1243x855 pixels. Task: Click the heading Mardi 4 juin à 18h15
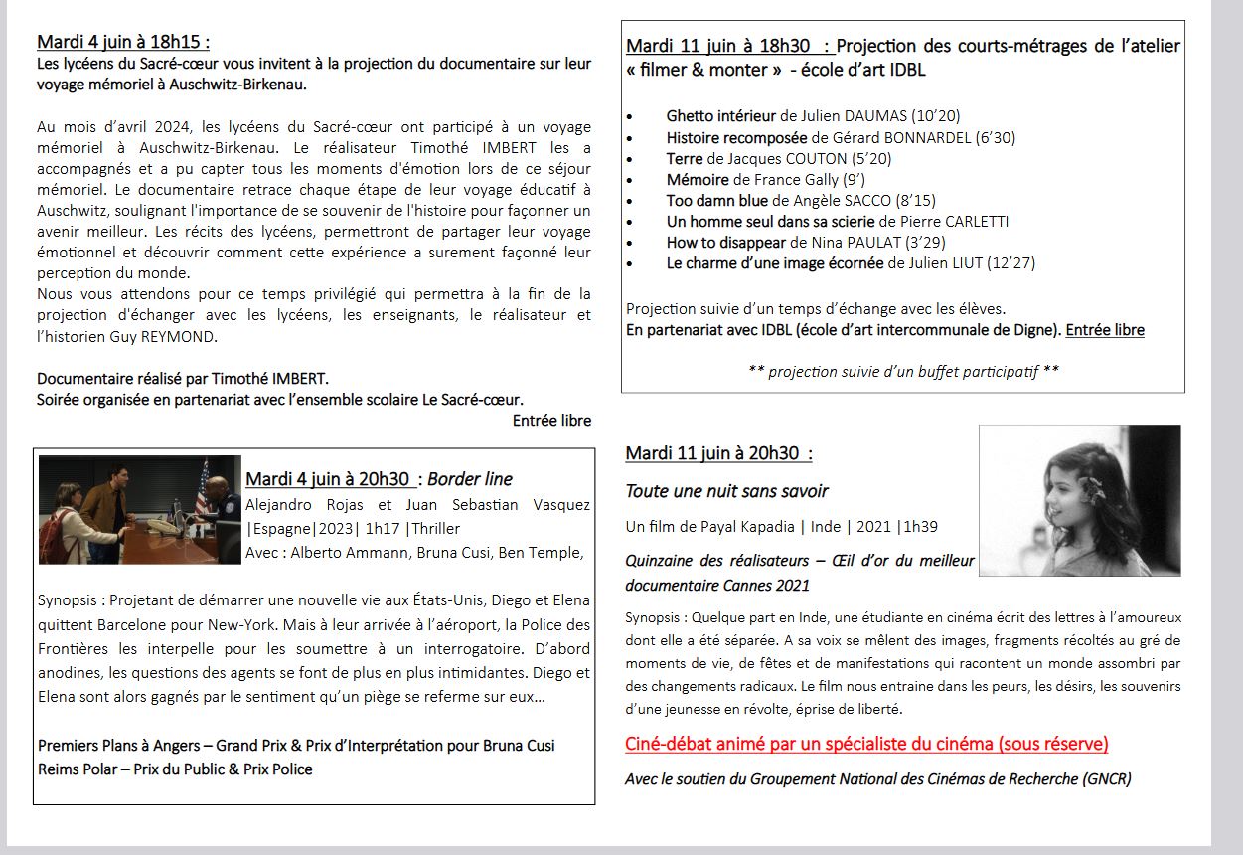coord(123,42)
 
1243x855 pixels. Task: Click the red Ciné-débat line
coord(866,744)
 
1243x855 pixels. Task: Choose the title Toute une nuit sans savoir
coord(726,491)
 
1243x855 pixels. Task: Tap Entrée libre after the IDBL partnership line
coord(1105,330)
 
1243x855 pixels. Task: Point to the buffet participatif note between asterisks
coord(903,371)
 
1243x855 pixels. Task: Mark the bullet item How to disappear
coord(726,243)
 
